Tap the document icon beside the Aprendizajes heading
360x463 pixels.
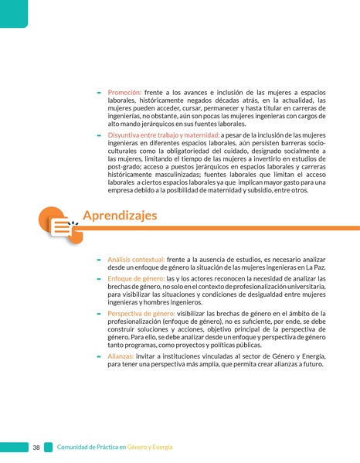62,224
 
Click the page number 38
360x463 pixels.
36,448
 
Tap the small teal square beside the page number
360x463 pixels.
48,448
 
